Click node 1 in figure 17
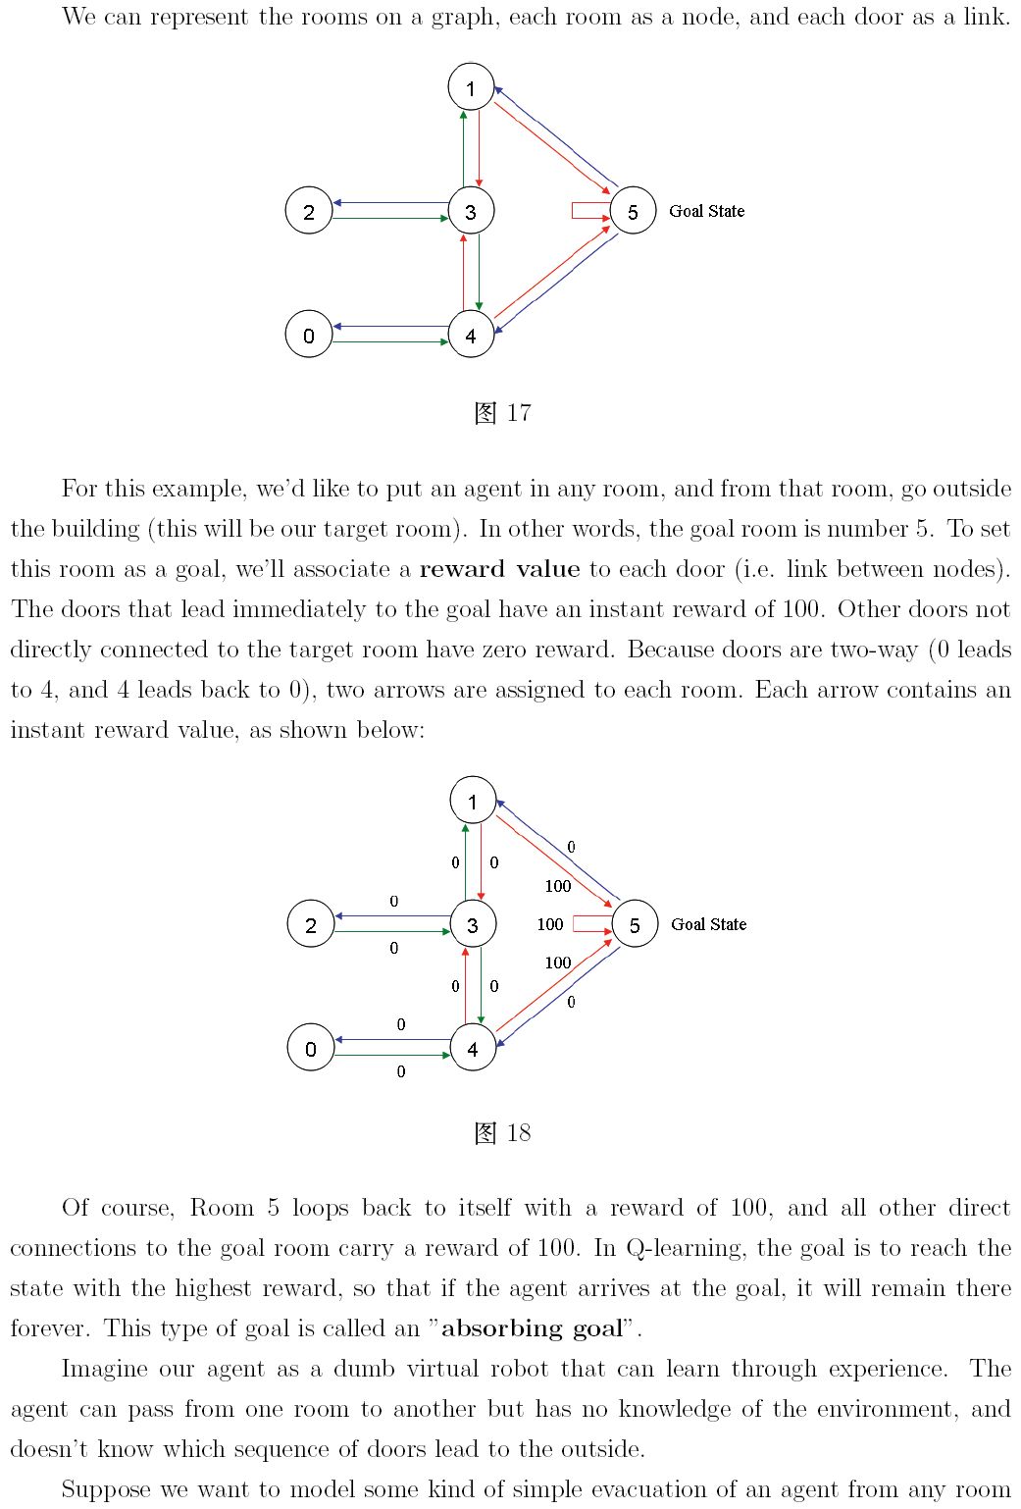tap(471, 87)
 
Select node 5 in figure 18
tap(635, 924)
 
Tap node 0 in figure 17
tap(309, 335)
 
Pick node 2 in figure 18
tap(311, 924)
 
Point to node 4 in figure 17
tap(471, 335)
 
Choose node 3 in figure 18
tap(473, 924)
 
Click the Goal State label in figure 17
tap(706, 211)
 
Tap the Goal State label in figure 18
tap(708, 924)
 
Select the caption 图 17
tap(502, 413)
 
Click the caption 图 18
tap(502, 1133)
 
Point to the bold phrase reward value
tap(499, 569)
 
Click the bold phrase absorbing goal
tap(532, 1328)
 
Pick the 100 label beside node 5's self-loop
tap(550, 924)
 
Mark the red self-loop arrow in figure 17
tap(588, 211)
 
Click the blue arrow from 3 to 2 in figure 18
tap(392, 916)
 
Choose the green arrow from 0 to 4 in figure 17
tap(390, 341)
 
